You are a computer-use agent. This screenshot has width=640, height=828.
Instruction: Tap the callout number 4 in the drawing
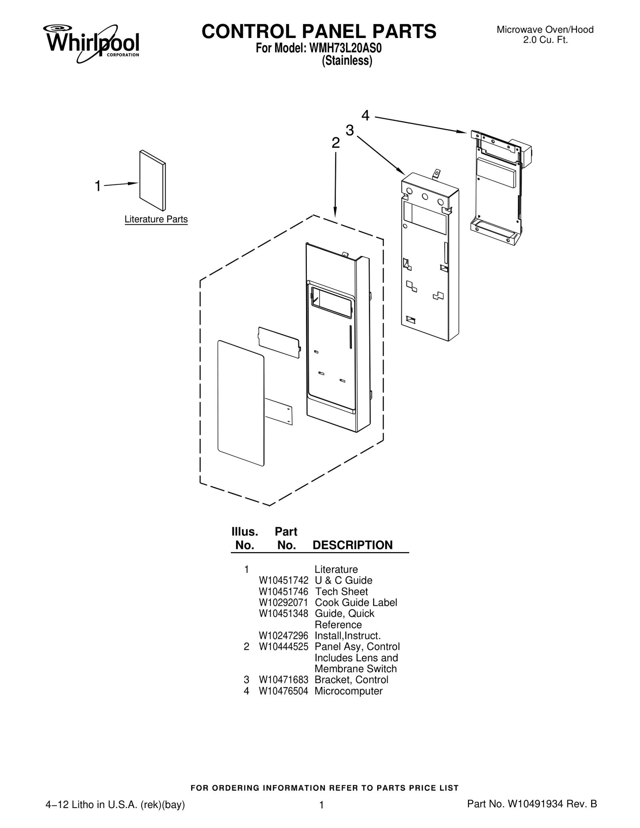click(x=365, y=116)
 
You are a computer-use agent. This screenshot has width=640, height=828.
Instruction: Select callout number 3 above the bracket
click(x=350, y=130)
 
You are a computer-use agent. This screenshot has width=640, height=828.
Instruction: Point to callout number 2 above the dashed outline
click(x=336, y=143)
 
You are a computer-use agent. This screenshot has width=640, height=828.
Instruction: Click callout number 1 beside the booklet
click(x=97, y=186)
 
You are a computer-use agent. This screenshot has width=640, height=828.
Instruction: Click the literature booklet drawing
click(x=152, y=180)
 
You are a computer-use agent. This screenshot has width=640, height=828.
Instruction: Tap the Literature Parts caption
click(x=156, y=219)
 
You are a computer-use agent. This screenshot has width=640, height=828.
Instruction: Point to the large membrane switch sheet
click(x=241, y=403)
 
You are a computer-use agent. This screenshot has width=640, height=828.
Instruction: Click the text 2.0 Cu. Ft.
click(x=546, y=40)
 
